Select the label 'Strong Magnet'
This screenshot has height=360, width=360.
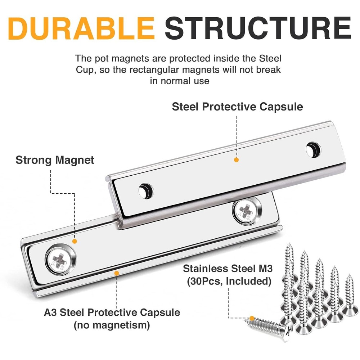coord(55,160)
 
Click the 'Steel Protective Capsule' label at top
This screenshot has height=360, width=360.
coord(237,107)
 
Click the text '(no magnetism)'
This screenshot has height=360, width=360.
coord(112,326)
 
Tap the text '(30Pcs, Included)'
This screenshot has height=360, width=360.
coord(229,281)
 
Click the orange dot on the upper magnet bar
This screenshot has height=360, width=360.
coord(237,159)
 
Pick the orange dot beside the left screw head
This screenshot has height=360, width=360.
coord(75,241)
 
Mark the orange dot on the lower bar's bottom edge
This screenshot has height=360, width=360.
coord(116,273)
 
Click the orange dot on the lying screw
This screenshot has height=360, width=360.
coord(252,318)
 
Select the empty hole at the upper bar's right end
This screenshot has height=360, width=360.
coord(313,149)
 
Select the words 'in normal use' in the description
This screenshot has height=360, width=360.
coord(179,80)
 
